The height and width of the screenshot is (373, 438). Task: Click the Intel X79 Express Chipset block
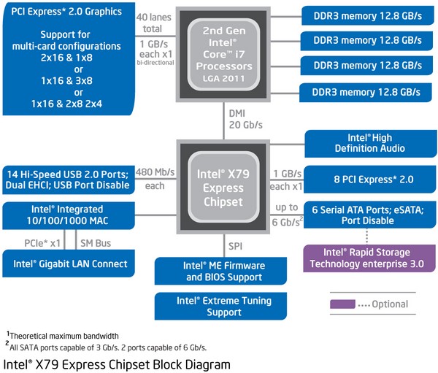[223, 187]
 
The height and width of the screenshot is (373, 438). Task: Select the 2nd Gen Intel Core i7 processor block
[223, 54]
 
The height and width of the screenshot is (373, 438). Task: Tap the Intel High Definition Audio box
[370, 143]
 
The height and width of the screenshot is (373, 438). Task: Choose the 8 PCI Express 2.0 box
[370, 180]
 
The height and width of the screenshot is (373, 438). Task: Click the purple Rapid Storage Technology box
[369, 258]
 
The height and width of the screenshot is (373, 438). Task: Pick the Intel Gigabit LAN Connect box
[69, 264]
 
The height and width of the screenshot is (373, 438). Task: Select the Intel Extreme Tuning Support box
[220, 307]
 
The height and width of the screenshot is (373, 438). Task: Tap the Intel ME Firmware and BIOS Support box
[220, 271]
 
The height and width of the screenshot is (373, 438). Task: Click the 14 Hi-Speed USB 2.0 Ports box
[69, 180]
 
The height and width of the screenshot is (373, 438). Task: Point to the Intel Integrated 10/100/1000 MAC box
[69, 215]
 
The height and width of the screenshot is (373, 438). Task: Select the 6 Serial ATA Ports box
[370, 215]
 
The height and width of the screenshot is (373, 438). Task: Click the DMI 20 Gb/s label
[245, 119]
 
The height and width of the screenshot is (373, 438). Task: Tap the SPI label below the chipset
[235, 246]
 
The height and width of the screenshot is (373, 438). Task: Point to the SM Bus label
[96, 243]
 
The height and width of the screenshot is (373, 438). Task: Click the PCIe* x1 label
[42, 243]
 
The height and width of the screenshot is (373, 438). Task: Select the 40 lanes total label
[153, 23]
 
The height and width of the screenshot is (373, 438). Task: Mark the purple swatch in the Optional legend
[342, 304]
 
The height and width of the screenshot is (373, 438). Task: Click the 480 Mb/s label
[155, 172]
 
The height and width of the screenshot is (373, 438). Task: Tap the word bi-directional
[155, 63]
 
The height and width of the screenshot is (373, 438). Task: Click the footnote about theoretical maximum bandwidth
[63, 335]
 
